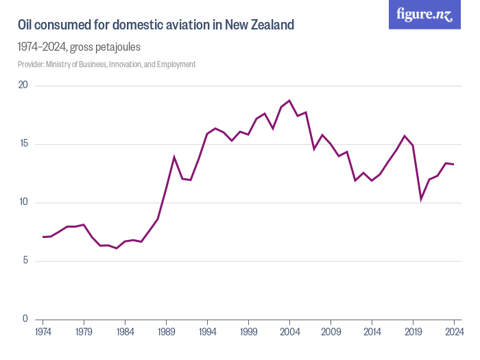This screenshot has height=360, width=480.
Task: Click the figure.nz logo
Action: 424,14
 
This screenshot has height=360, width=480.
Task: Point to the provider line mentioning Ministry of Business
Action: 107,64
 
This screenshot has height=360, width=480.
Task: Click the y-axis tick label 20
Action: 23,86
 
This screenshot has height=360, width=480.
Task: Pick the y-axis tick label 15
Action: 23,144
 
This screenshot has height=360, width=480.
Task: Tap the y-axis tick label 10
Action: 23,202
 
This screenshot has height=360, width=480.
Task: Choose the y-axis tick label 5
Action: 25,261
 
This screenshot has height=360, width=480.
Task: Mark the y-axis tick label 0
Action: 25,319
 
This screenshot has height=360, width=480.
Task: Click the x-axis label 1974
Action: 43,332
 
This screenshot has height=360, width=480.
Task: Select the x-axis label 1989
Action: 166,332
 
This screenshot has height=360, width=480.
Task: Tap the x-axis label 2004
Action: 289,332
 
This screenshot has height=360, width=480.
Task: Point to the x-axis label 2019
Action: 413,332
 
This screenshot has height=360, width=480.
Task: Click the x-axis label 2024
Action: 453,332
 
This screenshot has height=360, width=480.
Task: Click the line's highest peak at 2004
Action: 289,101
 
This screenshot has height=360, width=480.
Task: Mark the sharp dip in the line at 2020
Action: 421,199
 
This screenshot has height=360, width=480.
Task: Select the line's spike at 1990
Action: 174,157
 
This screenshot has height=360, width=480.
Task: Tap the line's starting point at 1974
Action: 43,237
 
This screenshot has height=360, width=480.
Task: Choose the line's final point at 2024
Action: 453,164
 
